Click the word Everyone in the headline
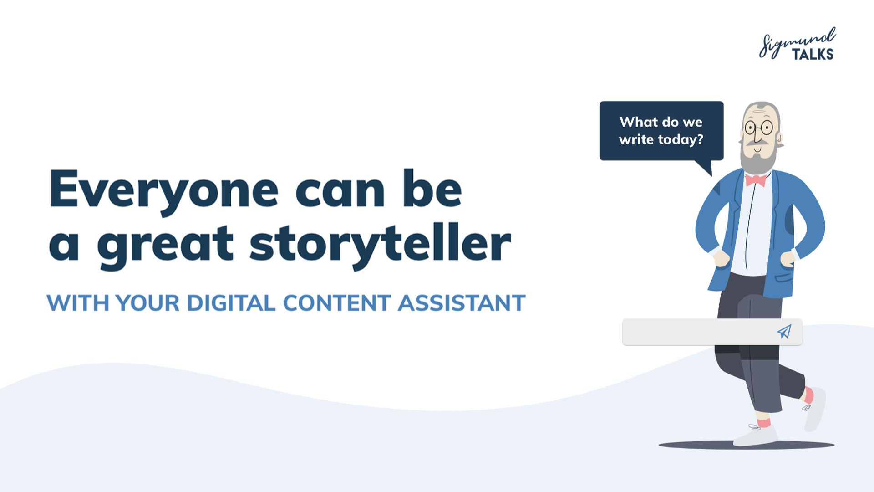point(164,190)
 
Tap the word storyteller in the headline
point(381,245)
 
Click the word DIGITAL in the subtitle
point(231,303)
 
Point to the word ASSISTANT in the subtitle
point(462,303)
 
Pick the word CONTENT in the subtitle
point(337,303)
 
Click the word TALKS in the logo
point(813,54)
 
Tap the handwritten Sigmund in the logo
point(797,42)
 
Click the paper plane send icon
point(784,331)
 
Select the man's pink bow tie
point(756,180)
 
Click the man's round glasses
point(759,127)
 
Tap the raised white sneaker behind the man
point(815,410)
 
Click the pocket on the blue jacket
point(784,277)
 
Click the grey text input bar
point(712,332)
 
